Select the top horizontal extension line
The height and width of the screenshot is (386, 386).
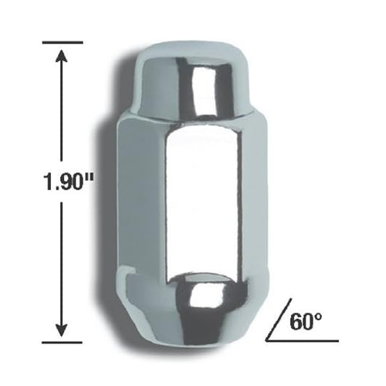(x=62, y=40)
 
